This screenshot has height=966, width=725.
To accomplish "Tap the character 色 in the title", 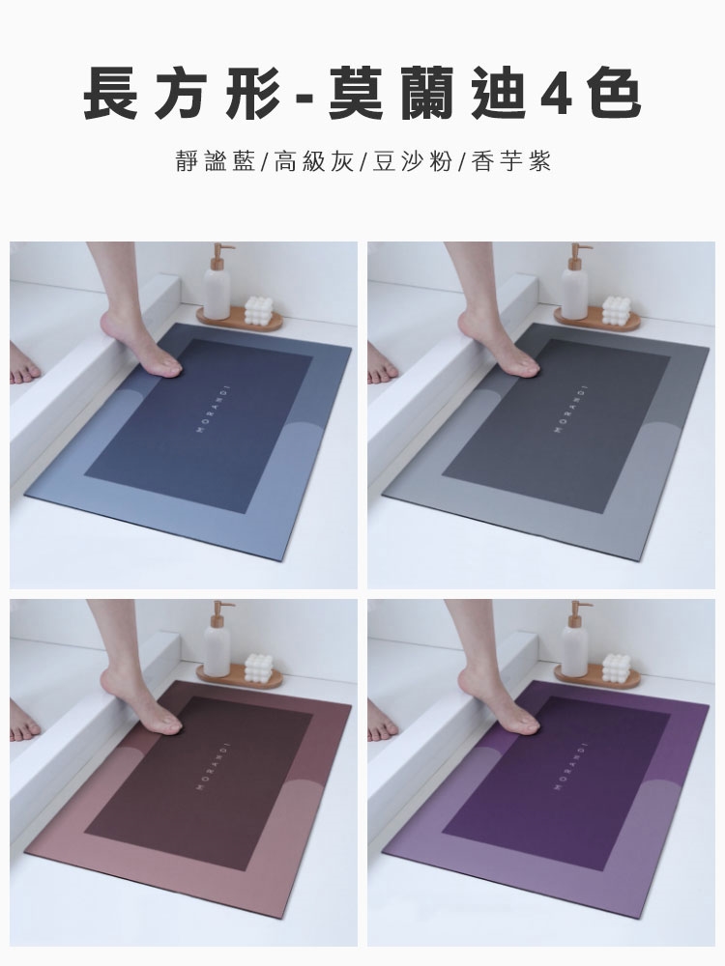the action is tap(614, 94).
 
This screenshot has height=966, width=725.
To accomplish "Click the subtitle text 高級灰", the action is tap(314, 162).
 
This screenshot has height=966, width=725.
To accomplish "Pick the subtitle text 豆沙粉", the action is tap(413, 162).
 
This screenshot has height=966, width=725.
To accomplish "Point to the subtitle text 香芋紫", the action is tap(511, 162).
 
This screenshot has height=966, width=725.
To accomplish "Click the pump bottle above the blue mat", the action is tap(217, 281).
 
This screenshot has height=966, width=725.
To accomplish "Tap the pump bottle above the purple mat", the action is tap(575, 639).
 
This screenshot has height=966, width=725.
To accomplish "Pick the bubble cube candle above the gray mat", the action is tap(615, 310).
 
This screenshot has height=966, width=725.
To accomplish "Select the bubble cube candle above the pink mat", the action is tap(259, 668).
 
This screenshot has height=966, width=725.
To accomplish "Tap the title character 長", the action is tap(110, 94).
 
